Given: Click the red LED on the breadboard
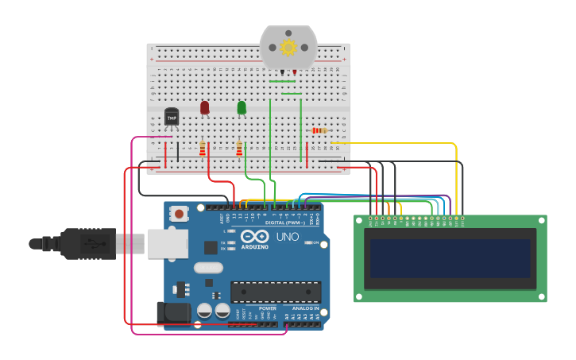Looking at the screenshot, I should pos(204,106).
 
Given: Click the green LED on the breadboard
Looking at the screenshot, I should pos(242,106).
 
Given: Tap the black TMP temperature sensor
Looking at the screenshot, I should pos(172,117).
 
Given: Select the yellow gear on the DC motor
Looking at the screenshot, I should pos(288,48).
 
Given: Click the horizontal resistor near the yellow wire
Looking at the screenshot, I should pos(319,130).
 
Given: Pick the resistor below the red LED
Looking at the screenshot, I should pos(203,148).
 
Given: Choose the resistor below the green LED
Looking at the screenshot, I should pos(239,148).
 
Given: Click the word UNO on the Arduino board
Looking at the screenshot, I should pos(287,237).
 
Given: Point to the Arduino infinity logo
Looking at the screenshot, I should pos(255,236).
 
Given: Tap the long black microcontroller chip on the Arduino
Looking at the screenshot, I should pos(276,292).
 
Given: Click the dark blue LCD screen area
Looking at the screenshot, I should pos(450,258).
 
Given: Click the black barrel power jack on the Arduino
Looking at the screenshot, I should pos(174,314).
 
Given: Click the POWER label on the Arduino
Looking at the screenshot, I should pos(268,308).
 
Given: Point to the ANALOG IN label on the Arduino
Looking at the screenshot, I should pos(305,308).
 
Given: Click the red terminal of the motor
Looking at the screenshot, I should pos(295,72).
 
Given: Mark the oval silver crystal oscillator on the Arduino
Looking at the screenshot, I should pos(208,268).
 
